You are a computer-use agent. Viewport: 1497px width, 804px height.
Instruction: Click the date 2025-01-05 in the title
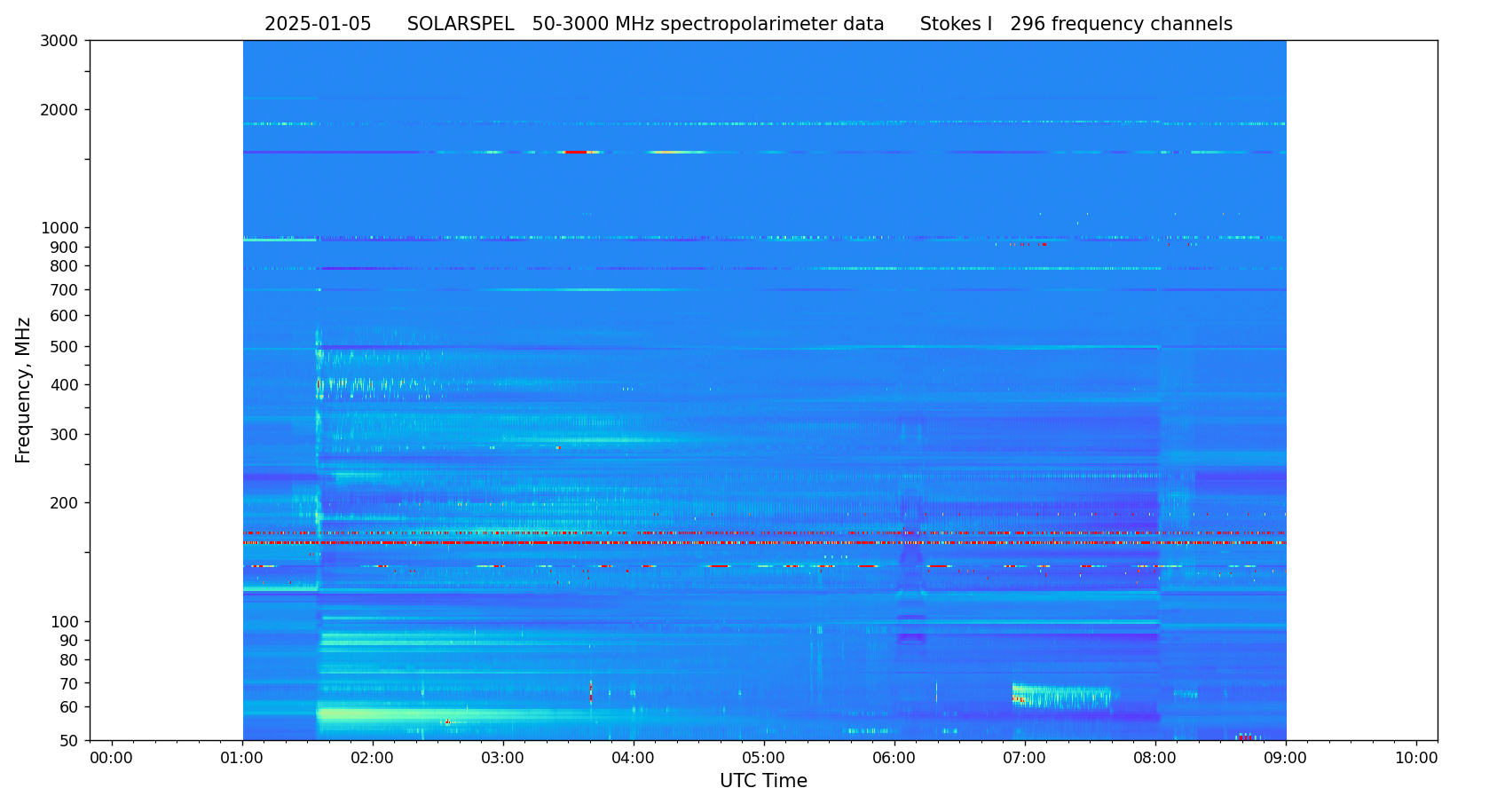(318, 25)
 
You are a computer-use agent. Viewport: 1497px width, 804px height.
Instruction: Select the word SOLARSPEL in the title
(461, 25)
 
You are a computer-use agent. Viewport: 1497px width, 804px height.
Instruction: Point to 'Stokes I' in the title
(956, 25)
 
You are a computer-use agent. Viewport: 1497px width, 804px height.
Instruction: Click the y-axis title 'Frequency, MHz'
(24, 390)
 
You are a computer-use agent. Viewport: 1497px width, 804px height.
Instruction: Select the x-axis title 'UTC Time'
(763, 782)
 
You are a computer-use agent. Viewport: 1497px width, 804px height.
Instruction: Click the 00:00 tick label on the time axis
(112, 759)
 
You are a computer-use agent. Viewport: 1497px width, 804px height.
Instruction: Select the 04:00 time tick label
(634, 759)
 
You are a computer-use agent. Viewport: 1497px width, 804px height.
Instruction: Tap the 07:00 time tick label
(1025, 759)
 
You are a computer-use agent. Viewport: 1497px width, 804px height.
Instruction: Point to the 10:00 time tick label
(1416, 759)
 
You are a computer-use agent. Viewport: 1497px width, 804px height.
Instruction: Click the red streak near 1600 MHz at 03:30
(576, 153)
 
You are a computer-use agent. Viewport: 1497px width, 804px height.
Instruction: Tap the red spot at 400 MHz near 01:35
(319, 384)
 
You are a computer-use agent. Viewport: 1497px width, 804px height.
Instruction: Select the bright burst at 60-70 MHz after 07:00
(1060, 694)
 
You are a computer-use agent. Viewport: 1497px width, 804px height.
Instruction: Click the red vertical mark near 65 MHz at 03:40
(591, 692)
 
